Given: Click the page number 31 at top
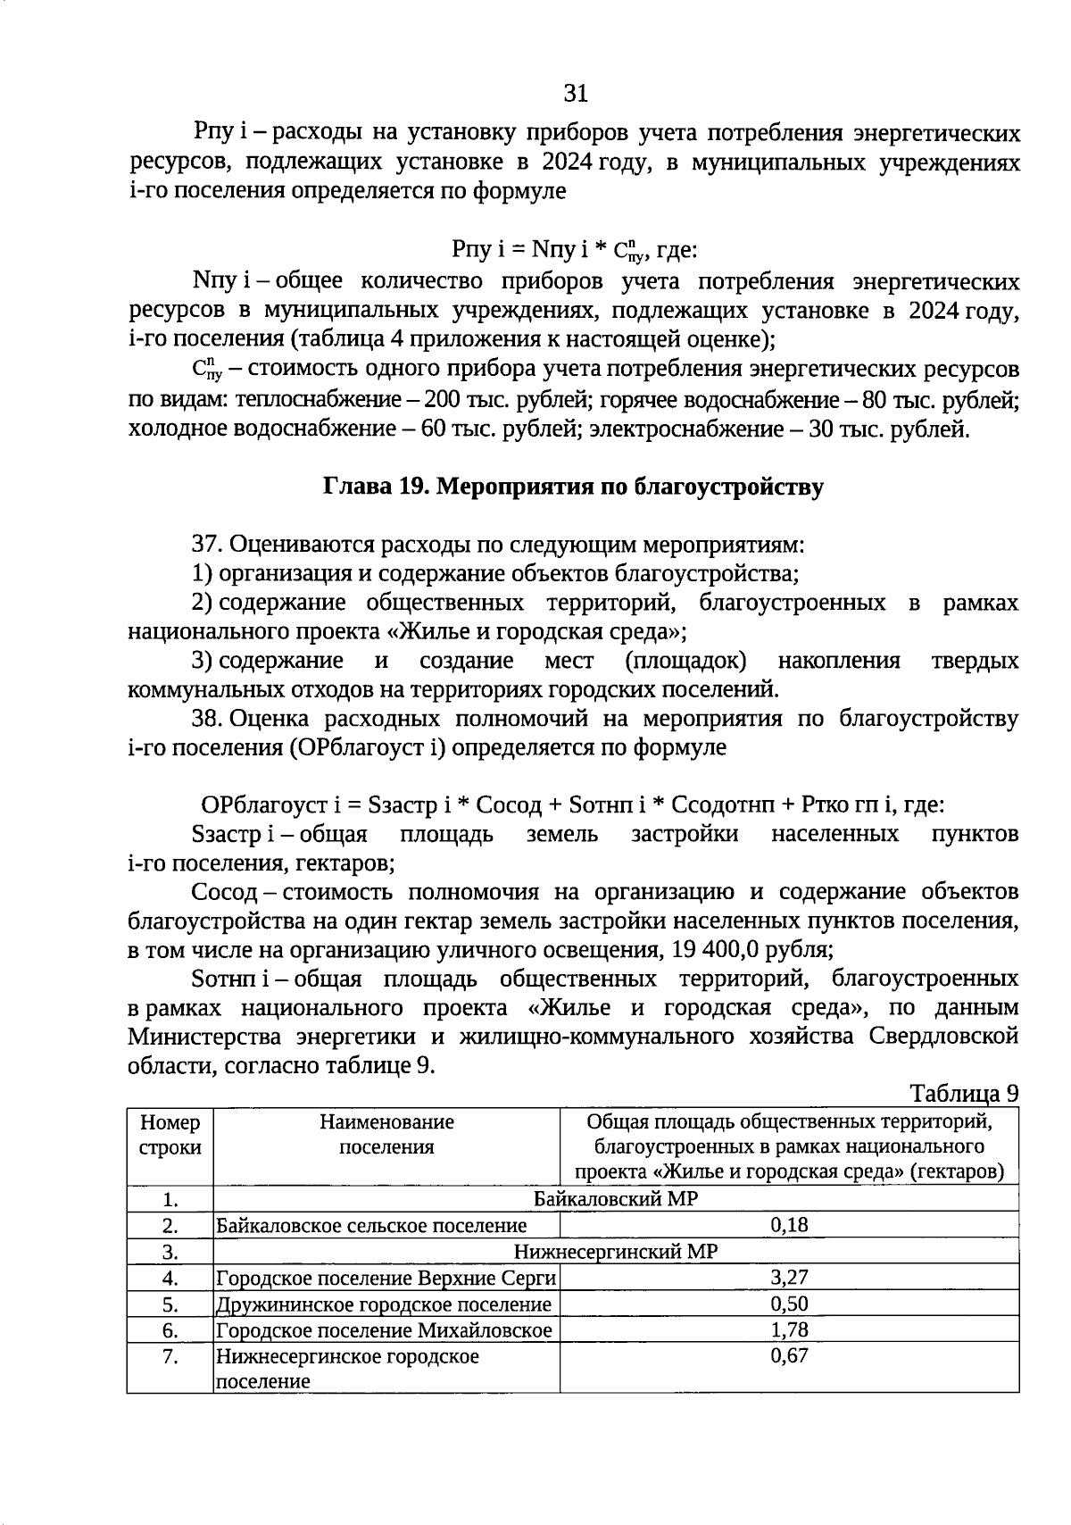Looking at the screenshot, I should click(576, 94).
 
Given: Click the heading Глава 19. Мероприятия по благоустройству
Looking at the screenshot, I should click(572, 487).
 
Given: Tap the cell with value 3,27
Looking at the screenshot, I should click(789, 1278).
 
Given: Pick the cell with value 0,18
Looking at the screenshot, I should click(789, 1225).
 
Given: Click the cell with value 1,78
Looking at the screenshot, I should click(789, 1330).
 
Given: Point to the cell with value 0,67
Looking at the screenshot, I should click(789, 1356).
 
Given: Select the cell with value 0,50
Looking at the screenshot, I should click(789, 1304).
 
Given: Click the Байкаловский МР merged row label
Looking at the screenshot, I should click(616, 1199).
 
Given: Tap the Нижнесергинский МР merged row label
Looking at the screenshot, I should click(616, 1252).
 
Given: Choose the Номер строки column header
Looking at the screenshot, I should click(170, 1135).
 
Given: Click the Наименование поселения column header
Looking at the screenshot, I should click(386, 1135).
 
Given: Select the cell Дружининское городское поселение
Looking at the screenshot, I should click(384, 1304).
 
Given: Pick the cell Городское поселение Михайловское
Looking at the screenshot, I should click(384, 1330).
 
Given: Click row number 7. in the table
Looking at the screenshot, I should click(170, 1357).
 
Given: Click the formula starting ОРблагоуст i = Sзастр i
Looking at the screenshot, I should click(572, 805).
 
